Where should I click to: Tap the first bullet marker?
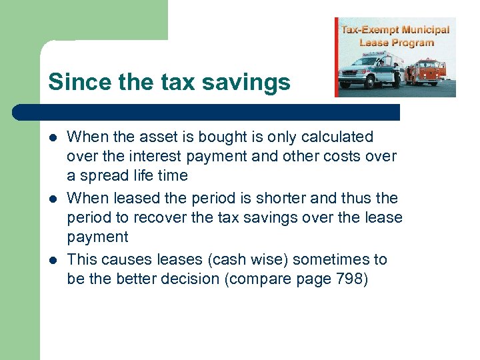point(52,138)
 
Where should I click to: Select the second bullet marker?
point(52,199)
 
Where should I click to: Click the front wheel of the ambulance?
point(347,84)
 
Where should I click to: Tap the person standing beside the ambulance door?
point(395,75)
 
